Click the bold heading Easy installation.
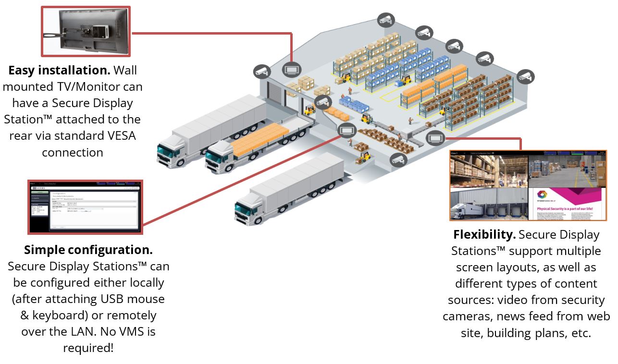point(59,71)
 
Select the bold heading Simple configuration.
point(88,250)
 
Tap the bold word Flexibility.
point(484,235)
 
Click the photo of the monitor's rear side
point(86,32)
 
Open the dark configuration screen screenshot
point(85,207)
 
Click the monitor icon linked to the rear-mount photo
point(291,69)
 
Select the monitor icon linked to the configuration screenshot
point(346,129)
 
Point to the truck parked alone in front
point(288,192)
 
